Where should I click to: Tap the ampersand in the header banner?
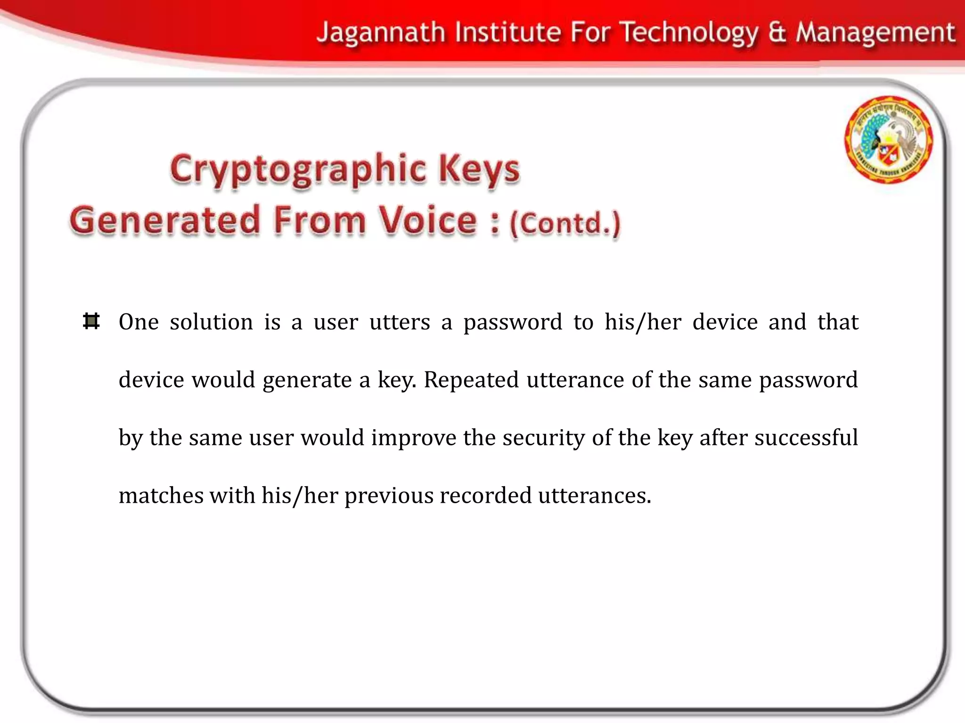click(777, 33)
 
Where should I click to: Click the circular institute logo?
click(888, 139)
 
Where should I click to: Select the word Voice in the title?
click(428, 220)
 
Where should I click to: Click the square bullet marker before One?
click(91, 321)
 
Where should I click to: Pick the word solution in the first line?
click(212, 322)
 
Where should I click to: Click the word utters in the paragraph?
click(400, 322)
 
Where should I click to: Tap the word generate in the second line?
click(307, 380)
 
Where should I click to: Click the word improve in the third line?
click(413, 438)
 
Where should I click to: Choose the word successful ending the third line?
click(806, 437)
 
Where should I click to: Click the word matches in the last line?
click(161, 496)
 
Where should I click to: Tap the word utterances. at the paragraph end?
click(595, 496)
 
